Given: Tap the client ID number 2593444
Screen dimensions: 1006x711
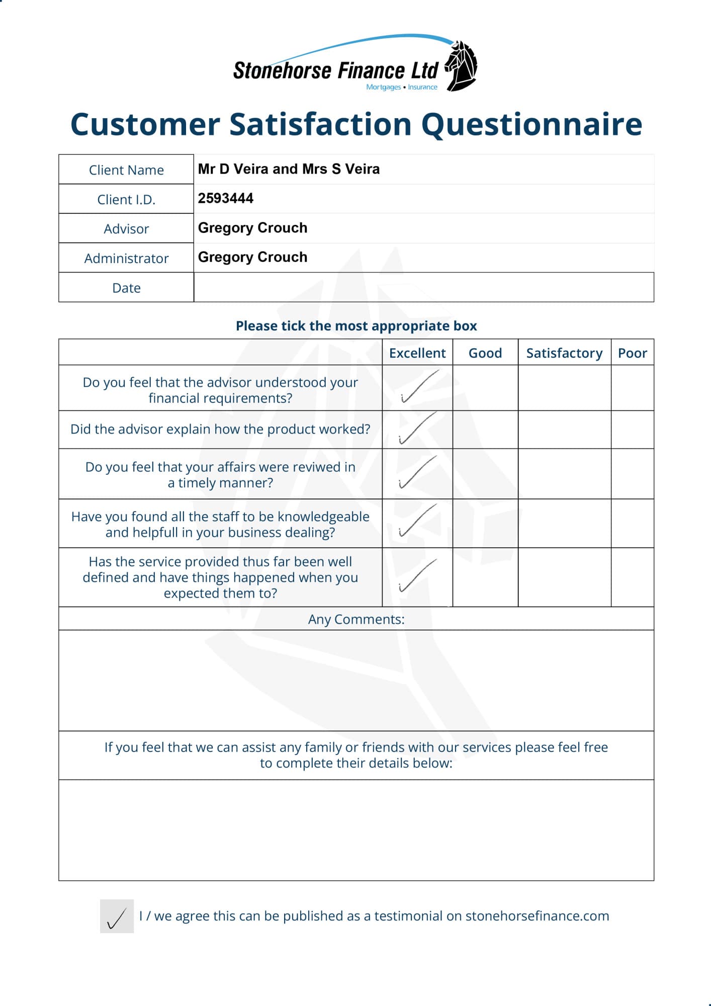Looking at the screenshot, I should [x=226, y=198].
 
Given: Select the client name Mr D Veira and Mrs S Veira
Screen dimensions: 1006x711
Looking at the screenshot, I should [x=289, y=169].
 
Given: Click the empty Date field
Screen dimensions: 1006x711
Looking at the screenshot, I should [x=423, y=287].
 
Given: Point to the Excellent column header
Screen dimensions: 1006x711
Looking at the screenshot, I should [x=417, y=353].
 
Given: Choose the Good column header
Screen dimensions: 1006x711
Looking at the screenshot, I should [x=485, y=353].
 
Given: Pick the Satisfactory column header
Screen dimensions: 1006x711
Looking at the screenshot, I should [x=564, y=353].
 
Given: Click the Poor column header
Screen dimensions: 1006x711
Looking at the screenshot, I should [x=632, y=353].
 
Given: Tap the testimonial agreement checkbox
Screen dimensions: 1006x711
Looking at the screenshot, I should [x=117, y=916].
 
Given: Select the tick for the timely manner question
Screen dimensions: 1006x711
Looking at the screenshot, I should [x=417, y=472].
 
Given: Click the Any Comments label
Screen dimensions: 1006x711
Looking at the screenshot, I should [x=356, y=619].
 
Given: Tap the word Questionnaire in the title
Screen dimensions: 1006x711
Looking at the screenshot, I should [x=531, y=124].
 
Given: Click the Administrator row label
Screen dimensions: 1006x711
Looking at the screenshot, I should [x=126, y=259].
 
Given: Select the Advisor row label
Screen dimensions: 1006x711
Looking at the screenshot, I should [x=126, y=229].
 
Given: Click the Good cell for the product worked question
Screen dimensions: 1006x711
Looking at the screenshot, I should [x=485, y=430].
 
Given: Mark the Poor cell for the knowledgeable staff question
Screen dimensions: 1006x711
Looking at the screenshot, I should [x=632, y=524].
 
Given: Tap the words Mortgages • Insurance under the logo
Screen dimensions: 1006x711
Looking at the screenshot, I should [x=402, y=87].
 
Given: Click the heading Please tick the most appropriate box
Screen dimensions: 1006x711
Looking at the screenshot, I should [x=356, y=326].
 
